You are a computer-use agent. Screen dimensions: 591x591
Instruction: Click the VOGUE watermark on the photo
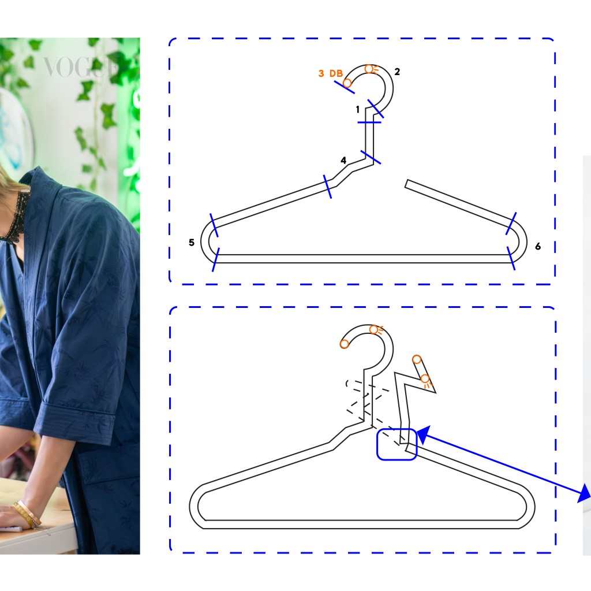80,67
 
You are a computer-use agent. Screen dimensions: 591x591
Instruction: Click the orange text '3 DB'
331,73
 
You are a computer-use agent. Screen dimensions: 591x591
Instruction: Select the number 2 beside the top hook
397,72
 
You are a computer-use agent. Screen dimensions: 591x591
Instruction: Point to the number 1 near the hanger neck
358,109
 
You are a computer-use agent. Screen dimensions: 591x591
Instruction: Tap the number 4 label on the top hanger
343,161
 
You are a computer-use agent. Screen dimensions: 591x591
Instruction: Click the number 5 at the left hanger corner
192,242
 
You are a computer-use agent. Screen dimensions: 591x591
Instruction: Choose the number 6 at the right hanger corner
538,247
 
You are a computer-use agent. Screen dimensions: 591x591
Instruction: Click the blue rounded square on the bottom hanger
397,444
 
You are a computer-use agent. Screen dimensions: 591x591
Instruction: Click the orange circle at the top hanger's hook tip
347,83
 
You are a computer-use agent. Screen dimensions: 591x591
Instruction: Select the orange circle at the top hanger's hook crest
369,69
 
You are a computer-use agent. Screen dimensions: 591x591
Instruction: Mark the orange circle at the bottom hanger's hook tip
344,344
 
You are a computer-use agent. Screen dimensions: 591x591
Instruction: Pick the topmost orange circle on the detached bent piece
417,359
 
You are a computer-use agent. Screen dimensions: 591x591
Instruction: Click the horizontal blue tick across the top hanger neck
369,122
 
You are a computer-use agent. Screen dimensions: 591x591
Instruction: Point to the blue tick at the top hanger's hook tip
344,87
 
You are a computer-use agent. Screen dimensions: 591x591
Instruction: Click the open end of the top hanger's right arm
407,183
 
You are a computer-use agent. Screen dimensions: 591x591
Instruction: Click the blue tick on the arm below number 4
328,187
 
